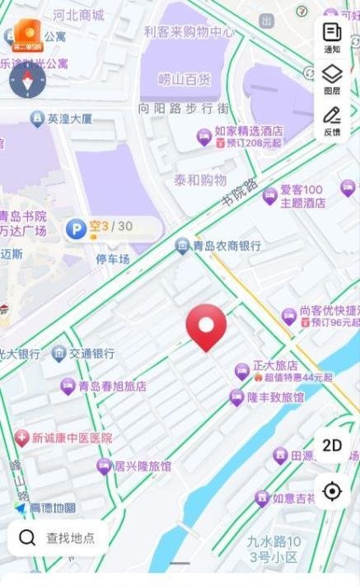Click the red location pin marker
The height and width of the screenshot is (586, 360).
pos(206,326)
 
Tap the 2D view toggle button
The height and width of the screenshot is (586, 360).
pos(332,446)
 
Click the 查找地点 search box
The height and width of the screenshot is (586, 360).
pos(58,538)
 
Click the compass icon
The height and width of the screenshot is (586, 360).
pos(27,79)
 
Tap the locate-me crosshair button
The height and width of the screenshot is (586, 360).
pos(332,491)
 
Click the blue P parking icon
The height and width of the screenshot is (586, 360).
pos(77,228)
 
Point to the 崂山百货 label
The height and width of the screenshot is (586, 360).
pos(185,80)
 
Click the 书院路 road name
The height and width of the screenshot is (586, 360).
pos(240,191)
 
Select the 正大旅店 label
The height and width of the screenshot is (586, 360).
pos(274,365)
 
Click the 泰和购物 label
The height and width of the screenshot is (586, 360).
pos(200,179)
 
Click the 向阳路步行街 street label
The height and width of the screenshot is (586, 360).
pos(184,108)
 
